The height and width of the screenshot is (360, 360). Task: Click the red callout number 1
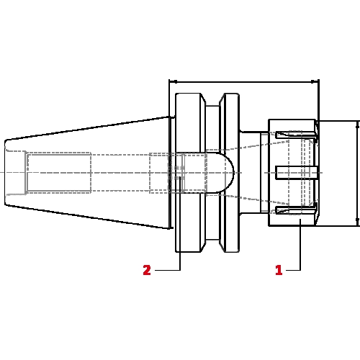coord(279,270)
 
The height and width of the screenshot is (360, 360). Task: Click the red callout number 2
coord(147,270)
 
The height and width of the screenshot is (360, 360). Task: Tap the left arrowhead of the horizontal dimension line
coord(173,82)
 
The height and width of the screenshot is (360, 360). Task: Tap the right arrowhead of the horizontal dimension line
coord(315,82)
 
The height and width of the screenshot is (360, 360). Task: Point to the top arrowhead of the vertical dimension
coord(357,125)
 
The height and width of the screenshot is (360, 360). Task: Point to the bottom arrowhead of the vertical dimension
coord(357,222)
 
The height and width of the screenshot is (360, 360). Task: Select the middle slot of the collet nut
coord(297,173)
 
